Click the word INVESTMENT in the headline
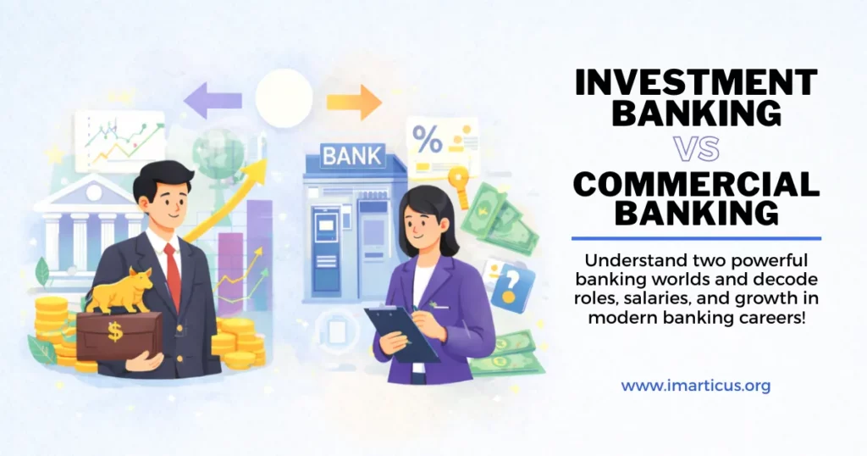point(696,84)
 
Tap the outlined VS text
point(696,148)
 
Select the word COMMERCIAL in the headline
point(696,182)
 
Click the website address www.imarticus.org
point(696,386)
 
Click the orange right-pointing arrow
point(354,102)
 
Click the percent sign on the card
point(427,141)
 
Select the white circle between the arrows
point(284,98)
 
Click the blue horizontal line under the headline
point(696,238)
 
